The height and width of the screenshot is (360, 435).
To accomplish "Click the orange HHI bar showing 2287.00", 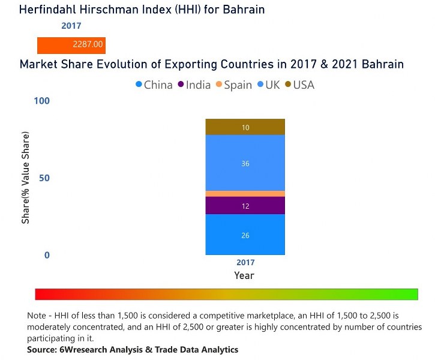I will point(71,45).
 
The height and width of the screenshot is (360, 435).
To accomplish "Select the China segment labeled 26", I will point(245,235).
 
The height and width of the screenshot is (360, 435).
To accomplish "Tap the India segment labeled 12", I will point(245,206).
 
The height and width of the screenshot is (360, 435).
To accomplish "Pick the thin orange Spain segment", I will point(245,194).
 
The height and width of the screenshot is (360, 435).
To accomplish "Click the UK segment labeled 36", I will point(245,163).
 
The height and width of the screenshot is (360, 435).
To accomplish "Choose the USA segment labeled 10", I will point(245,127).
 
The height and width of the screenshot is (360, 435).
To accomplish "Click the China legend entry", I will point(154,85).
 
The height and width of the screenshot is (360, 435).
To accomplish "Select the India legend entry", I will point(194,85).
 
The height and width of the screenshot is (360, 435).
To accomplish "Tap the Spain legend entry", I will point(233,85).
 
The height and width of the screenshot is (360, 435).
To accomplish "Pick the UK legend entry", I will point(268,85).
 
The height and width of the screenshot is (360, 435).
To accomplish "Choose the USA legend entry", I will point(299,85).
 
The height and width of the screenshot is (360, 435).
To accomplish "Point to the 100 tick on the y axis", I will point(41,101).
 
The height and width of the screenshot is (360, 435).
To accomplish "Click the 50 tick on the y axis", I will point(44,178).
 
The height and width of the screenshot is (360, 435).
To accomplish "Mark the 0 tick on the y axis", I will point(47,256).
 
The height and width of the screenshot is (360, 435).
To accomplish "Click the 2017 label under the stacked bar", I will point(245,263).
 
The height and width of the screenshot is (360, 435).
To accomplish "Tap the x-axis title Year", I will point(244,276).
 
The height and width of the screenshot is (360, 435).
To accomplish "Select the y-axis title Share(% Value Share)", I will point(26,178).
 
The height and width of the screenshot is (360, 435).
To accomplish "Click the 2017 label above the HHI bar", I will point(71,26).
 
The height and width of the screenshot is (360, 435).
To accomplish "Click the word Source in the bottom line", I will point(42,350).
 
